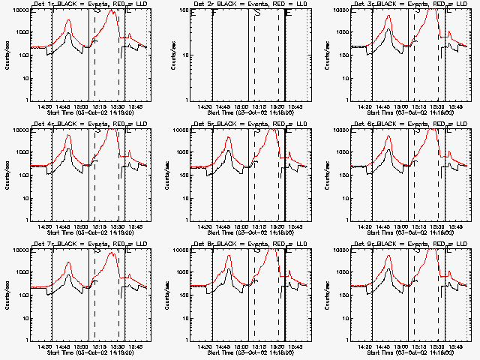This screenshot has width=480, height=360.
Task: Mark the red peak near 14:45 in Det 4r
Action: coord(68,136)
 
